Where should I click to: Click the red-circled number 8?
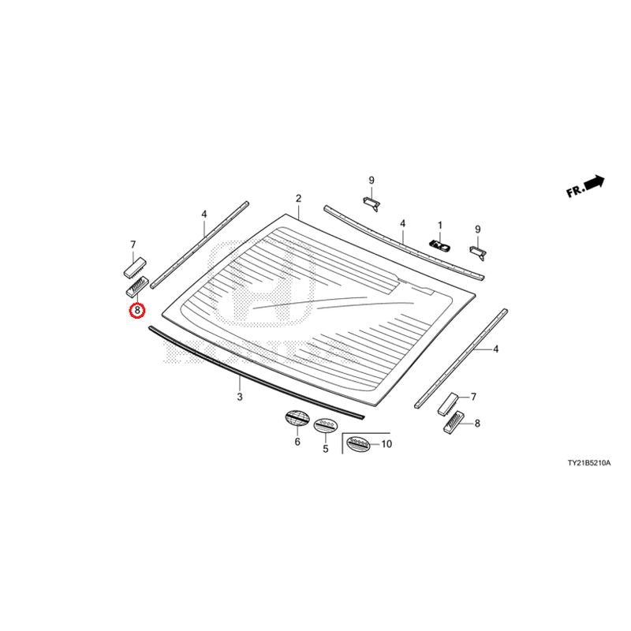click(x=137, y=310)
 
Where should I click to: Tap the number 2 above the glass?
click(x=298, y=199)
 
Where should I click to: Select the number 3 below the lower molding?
click(x=240, y=397)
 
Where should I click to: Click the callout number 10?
click(x=386, y=444)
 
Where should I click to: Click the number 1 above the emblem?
click(x=440, y=226)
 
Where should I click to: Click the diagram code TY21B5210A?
click(x=589, y=463)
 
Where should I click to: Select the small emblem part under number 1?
click(x=439, y=245)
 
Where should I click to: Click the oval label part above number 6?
click(x=297, y=417)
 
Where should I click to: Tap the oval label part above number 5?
click(x=326, y=425)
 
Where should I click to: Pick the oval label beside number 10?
click(x=359, y=443)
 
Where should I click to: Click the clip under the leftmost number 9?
click(x=372, y=203)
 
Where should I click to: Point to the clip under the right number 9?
click(x=478, y=252)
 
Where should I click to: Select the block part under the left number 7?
click(x=134, y=267)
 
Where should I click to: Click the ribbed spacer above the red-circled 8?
click(x=137, y=286)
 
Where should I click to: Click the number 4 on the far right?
click(x=496, y=349)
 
